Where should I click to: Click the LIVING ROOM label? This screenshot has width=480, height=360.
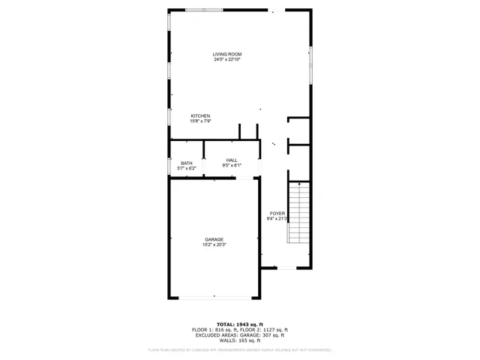click(x=227, y=54)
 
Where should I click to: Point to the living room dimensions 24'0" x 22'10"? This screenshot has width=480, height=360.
click(x=227, y=60)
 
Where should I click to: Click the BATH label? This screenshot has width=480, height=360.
click(x=186, y=163)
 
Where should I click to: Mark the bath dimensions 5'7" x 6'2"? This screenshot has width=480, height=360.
click(x=186, y=168)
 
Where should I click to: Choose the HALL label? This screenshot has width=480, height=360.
click(x=232, y=160)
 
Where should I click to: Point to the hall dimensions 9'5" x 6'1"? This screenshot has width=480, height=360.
click(x=232, y=165)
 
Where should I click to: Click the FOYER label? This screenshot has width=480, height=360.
click(x=277, y=213)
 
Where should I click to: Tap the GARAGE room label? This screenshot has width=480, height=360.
click(x=214, y=239)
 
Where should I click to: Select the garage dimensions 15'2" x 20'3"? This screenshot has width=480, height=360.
click(x=214, y=244)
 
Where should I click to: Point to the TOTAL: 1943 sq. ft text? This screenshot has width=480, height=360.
click(x=239, y=324)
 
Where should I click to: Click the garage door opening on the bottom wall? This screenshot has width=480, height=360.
click(x=214, y=298)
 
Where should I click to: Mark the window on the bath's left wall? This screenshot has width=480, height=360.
click(x=169, y=165)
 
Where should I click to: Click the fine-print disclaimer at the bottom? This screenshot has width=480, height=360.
click(x=239, y=349)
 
